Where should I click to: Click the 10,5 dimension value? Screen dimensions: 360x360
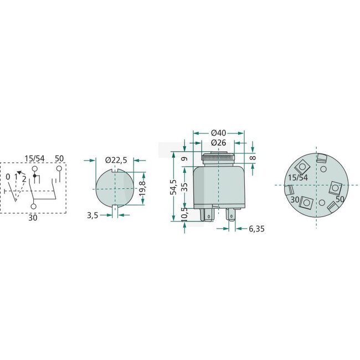184,213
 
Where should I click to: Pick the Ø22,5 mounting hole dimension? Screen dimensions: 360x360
116,160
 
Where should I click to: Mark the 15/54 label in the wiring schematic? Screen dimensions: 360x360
35,158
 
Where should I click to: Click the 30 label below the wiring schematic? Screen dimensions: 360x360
33,219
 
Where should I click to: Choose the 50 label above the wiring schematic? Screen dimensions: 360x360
59,158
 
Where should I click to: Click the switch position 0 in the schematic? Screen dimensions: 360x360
8,177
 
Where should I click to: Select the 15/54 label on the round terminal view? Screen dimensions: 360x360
299,177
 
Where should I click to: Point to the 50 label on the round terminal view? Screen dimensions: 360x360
340,198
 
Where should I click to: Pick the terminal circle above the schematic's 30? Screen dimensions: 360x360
33,206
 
